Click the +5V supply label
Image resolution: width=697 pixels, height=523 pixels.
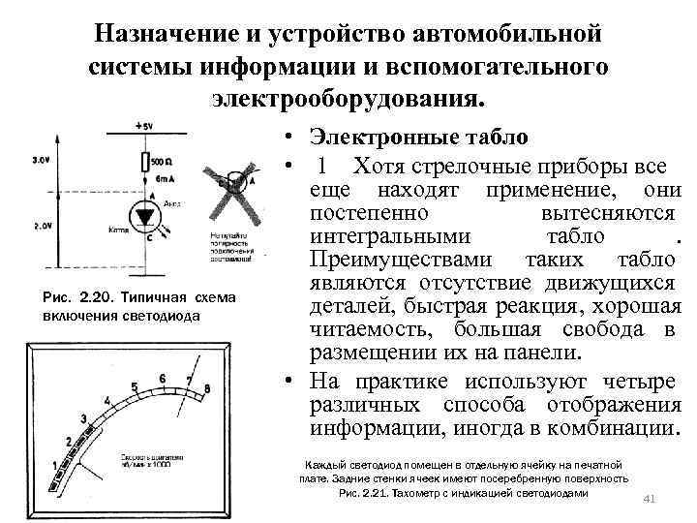145,127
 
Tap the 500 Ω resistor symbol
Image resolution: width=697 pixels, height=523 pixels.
145,163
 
